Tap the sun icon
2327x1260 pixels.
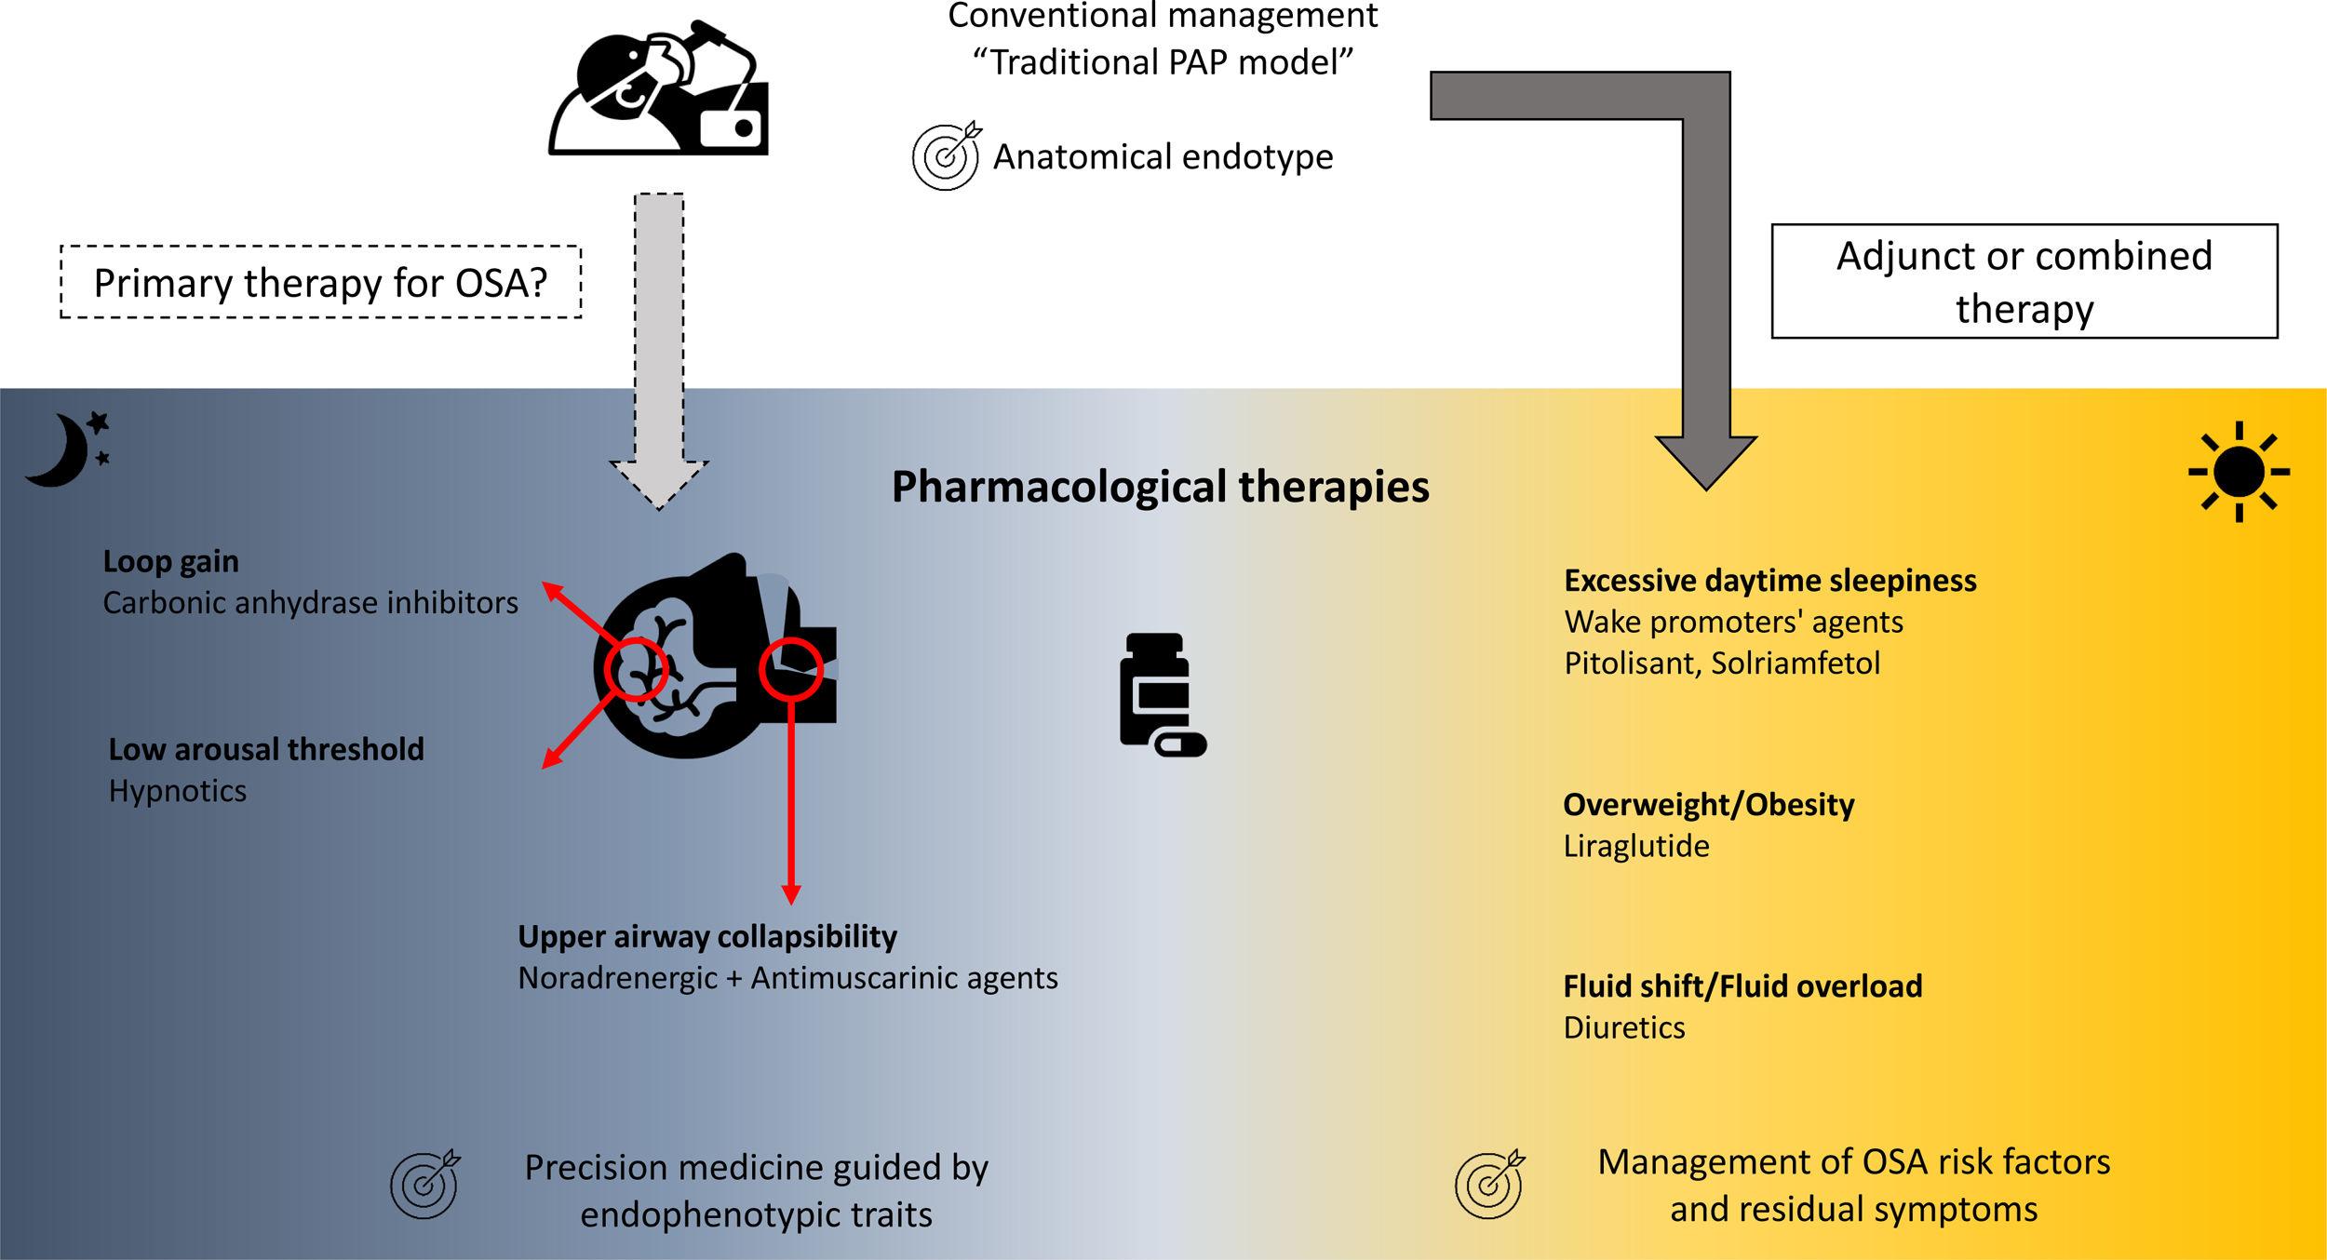[2239, 472]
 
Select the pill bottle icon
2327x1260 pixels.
[1160, 694]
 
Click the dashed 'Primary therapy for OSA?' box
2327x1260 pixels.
[320, 282]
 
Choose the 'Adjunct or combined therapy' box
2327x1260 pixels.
[2024, 281]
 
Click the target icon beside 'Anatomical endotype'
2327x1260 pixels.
[946, 156]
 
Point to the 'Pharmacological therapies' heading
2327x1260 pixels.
[1160, 487]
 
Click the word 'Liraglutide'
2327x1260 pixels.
[1635, 846]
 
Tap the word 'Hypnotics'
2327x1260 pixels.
[177, 791]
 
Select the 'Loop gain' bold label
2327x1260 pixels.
[170, 561]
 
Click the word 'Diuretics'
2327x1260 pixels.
[1623, 1027]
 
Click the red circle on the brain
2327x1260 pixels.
[637, 669]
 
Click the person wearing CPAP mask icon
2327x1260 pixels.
[657, 90]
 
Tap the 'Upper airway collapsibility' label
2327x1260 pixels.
[706, 936]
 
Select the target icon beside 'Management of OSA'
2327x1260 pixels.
[1489, 1184]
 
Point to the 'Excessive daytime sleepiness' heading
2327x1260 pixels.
[1769, 581]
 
